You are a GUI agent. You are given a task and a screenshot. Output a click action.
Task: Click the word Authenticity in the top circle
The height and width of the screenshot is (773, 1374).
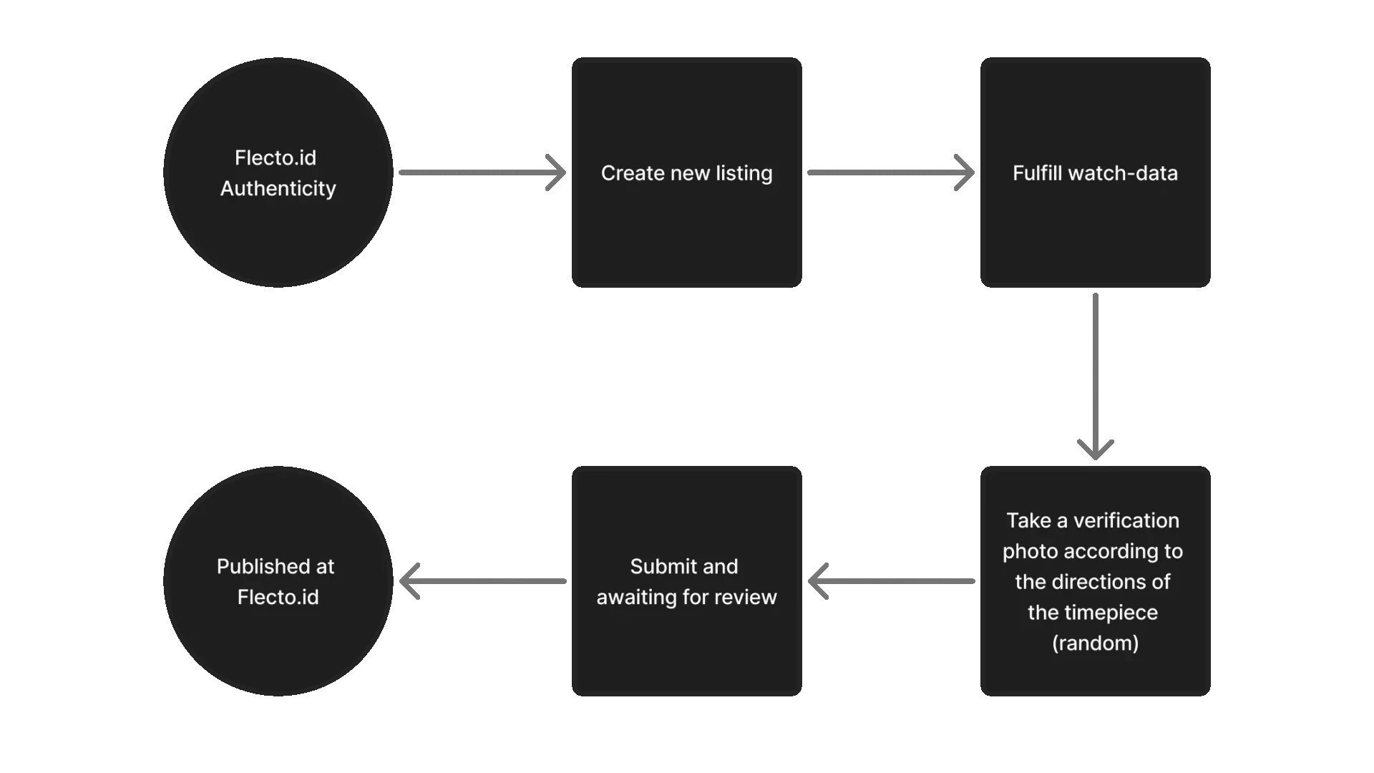pyautogui.click(x=278, y=188)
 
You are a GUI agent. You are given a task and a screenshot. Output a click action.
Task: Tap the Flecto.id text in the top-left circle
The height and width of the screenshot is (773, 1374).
pyautogui.click(x=276, y=157)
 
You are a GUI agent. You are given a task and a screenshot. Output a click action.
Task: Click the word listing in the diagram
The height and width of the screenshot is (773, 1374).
pyautogui.click(x=744, y=173)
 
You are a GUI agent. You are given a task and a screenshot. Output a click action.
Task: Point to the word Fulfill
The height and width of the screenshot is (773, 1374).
pyautogui.click(x=1037, y=173)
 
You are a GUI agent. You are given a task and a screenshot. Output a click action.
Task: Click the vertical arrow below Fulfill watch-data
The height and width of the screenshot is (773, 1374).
pyautogui.click(x=1093, y=372)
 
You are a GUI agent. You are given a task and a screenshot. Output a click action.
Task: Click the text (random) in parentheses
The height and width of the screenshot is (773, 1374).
pyautogui.click(x=1095, y=643)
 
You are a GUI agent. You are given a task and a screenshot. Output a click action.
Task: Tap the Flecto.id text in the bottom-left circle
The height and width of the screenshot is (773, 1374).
pyautogui.click(x=278, y=597)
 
